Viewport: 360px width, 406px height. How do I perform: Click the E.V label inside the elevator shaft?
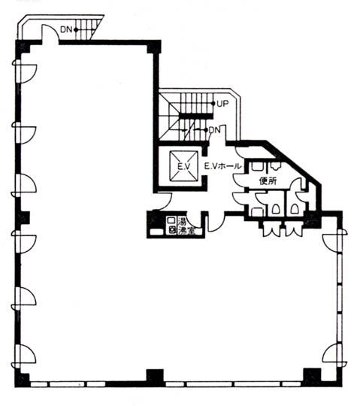[x=184, y=166]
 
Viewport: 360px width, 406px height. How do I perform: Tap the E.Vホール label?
[x=222, y=166]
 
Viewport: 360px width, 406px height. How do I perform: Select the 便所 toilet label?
[x=268, y=180]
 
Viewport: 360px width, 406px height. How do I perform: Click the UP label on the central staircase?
[x=222, y=104]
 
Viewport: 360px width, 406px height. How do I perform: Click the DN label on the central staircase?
[x=214, y=130]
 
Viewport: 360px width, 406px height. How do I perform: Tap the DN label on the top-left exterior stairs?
[x=66, y=29]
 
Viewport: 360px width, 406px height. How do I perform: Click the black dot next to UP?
[x=213, y=104]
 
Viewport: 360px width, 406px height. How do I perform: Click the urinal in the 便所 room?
[x=276, y=165]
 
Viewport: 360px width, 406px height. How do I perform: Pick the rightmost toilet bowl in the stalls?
[x=294, y=209]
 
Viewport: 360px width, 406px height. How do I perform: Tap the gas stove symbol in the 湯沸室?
[x=171, y=229]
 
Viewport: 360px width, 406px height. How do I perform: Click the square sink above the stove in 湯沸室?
[x=171, y=220]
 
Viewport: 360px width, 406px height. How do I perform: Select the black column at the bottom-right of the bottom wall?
[x=312, y=377]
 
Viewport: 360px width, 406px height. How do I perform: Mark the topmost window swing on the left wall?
[x=25, y=71]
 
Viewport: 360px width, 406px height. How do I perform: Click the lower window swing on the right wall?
[x=334, y=355]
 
